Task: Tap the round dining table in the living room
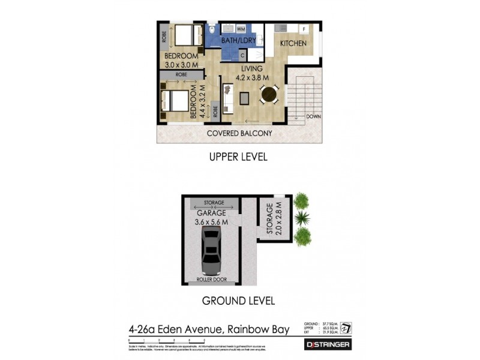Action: click(x=268, y=94)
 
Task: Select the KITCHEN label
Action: click(x=293, y=44)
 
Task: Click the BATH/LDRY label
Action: click(x=238, y=41)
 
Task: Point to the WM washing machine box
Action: click(x=241, y=28)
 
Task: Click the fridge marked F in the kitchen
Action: click(x=304, y=28)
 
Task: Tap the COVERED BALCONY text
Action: click(x=239, y=133)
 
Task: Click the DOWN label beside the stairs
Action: click(x=313, y=116)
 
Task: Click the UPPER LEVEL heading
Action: click(x=238, y=157)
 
